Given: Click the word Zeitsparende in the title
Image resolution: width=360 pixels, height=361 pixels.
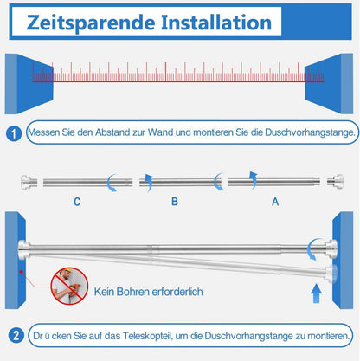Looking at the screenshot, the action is [91, 23].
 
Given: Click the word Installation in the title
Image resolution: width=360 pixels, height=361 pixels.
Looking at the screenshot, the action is [216, 23].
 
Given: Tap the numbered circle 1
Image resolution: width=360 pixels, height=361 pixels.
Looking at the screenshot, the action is [14, 133].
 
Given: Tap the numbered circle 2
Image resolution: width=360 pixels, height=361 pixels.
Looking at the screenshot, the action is [16, 336].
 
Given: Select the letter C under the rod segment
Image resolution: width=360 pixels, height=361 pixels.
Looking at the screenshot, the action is [77, 202].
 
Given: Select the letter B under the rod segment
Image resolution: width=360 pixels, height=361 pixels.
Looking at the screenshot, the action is [175, 202].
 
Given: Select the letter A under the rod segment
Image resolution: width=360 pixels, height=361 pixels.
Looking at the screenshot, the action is [275, 202].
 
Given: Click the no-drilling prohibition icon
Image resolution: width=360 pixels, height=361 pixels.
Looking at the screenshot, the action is [69, 286].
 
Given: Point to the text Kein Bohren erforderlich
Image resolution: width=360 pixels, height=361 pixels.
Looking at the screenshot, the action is [148, 292].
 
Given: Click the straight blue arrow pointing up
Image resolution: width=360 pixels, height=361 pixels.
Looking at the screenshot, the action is [317, 293].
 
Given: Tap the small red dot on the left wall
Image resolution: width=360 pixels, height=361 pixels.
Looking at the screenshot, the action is [21, 272].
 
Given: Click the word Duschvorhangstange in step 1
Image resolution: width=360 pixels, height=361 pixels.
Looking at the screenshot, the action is [310, 132].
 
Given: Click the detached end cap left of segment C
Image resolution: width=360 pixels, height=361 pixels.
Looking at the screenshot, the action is [29, 182].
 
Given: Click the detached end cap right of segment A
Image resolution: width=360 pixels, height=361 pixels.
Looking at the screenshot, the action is [335, 182].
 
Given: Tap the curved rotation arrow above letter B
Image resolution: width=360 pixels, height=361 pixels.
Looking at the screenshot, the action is [148, 183].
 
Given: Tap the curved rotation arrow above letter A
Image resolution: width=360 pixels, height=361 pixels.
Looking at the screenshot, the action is [254, 180].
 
